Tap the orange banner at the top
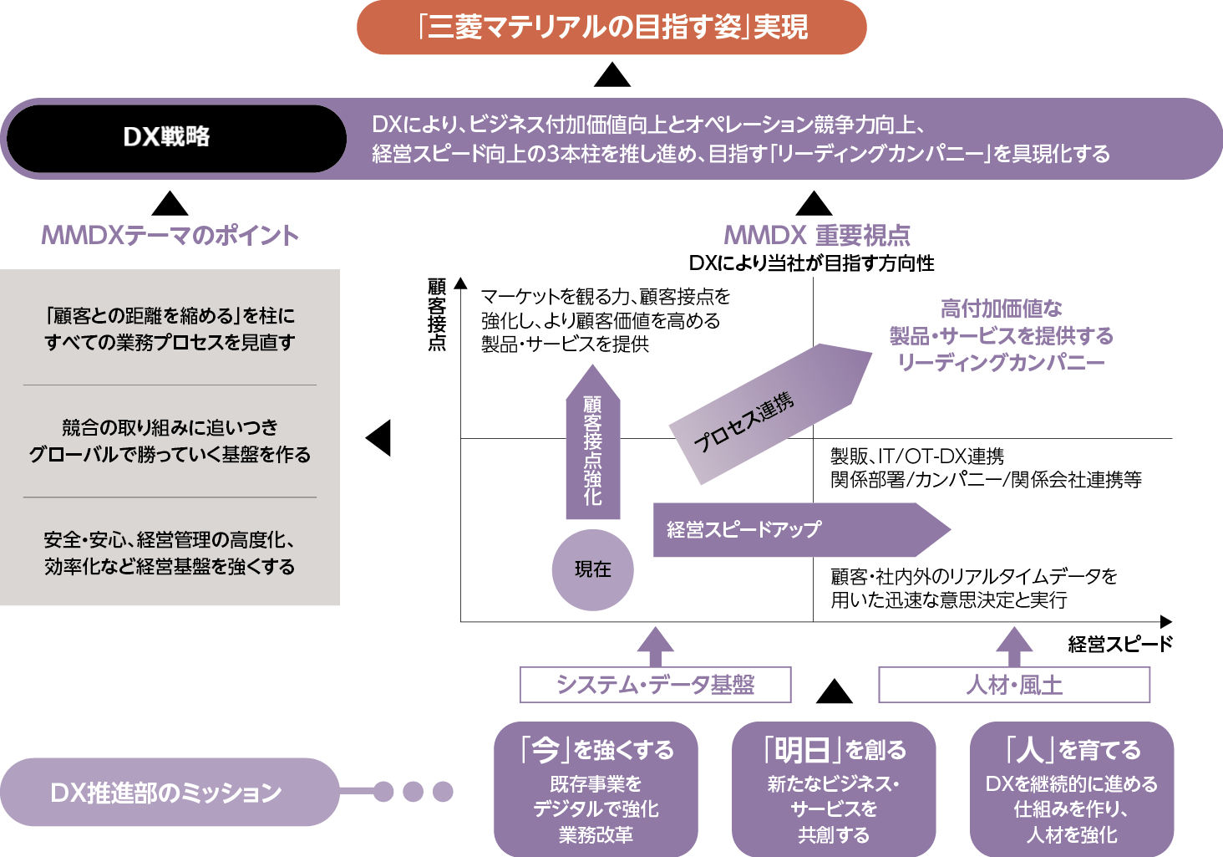click(x=611, y=28)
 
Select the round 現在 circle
click(x=592, y=569)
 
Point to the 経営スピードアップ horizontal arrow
click(x=794, y=529)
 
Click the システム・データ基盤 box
click(x=655, y=685)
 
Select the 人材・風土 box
click(x=1014, y=685)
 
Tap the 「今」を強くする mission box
click(x=596, y=788)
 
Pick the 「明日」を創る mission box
click(x=834, y=788)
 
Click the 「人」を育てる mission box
click(x=1071, y=788)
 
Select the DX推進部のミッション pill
click(x=167, y=792)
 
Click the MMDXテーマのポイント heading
click(x=170, y=236)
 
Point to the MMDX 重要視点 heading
click(x=816, y=236)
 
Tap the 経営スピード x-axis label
click(x=1120, y=644)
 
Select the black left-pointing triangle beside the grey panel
click(x=380, y=437)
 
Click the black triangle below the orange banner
click(x=611, y=76)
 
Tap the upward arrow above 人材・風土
click(x=1014, y=645)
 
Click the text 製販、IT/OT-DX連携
click(x=917, y=457)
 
